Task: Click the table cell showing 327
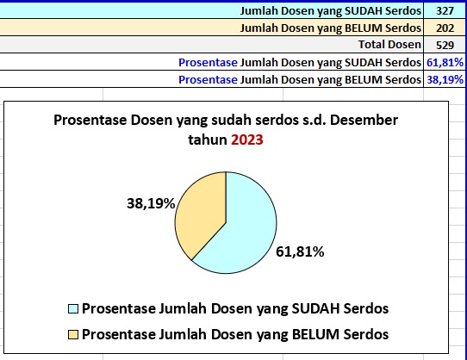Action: pyautogui.click(x=445, y=11)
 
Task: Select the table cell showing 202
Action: pyautogui.click(x=445, y=28)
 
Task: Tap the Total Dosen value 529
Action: pyautogui.click(x=445, y=46)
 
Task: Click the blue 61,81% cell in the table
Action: pyautogui.click(x=445, y=63)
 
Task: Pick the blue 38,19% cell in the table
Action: pyautogui.click(x=445, y=80)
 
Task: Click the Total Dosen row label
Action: pyautogui.click(x=389, y=45)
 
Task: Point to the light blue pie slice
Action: pyautogui.click(x=244, y=235)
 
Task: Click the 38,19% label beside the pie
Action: pyautogui.click(x=151, y=203)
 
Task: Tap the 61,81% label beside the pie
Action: pyautogui.click(x=300, y=251)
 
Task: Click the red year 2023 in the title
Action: pyautogui.click(x=247, y=140)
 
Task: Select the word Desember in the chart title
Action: pyautogui.click(x=364, y=120)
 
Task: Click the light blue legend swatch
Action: pyautogui.click(x=73, y=309)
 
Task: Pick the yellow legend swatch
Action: pyautogui.click(x=73, y=334)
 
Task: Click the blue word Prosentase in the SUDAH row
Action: pyautogui.click(x=208, y=63)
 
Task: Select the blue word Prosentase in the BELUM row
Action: pyautogui.click(x=208, y=80)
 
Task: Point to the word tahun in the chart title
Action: pyautogui.click(x=208, y=140)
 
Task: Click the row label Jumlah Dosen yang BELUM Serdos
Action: pyautogui.click(x=331, y=28)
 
